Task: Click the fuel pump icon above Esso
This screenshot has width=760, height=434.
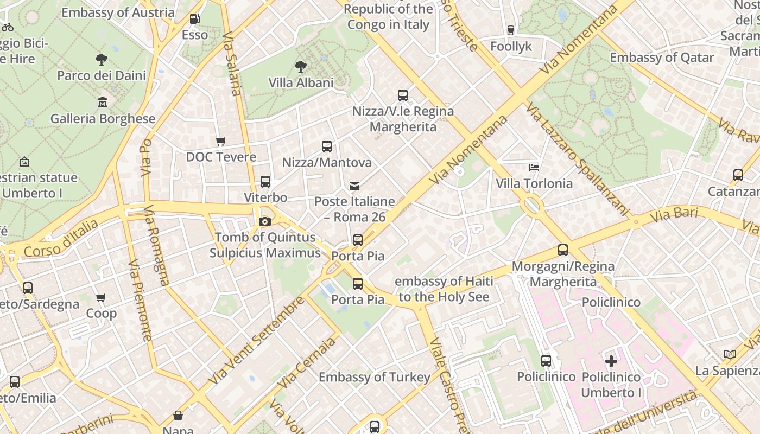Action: [194, 19]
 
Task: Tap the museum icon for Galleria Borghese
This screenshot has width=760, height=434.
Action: [103, 102]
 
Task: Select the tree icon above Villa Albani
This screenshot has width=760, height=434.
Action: [300, 67]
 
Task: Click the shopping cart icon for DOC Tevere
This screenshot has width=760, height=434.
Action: [220, 141]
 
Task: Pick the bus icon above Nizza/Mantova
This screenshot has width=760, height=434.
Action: [326, 146]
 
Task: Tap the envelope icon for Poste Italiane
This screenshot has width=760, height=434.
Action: [354, 186]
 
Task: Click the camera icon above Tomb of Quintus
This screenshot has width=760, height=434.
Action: [265, 221]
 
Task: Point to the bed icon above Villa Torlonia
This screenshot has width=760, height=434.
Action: [534, 168]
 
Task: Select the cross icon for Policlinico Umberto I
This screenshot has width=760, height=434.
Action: [611, 361]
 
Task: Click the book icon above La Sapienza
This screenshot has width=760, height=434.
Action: [730, 354]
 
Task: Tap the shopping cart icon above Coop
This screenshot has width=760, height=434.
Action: [101, 297]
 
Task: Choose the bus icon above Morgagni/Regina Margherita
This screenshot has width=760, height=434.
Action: [563, 250]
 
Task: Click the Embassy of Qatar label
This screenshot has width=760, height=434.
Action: [662, 58]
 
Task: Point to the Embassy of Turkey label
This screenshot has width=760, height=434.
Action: [374, 377]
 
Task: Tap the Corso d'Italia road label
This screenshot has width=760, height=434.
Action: [61, 238]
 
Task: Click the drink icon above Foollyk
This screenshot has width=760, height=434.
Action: [510, 30]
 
